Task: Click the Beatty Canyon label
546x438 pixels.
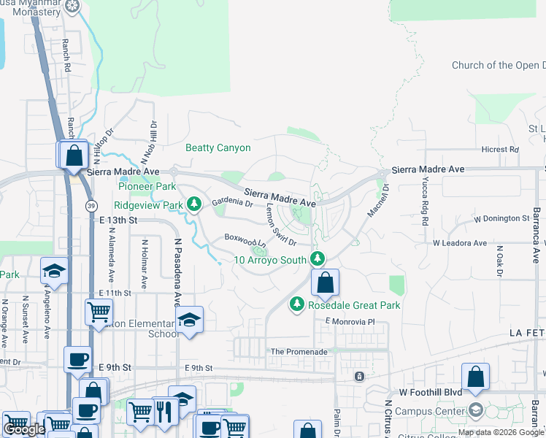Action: pyautogui.click(x=218, y=148)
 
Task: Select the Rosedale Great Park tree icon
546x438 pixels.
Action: pyautogui.click(x=296, y=304)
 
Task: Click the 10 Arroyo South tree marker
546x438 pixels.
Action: pyautogui.click(x=317, y=258)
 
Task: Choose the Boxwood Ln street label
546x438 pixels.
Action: pyautogui.click(x=245, y=239)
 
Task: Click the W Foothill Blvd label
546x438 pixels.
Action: pyautogui.click(x=430, y=392)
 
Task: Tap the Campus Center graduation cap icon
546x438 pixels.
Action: pyautogui.click(x=476, y=410)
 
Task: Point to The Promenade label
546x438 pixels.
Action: pyautogui.click(x=299, y=352)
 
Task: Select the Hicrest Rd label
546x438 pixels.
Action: pyautogui.click(x=500, y=150)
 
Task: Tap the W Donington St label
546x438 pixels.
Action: pyautogui.click(x=501, y=218)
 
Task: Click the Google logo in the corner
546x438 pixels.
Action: pyautogui.click(x=24, y=430)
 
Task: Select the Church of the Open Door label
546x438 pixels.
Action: pyautogui.click(x=499, y=65)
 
